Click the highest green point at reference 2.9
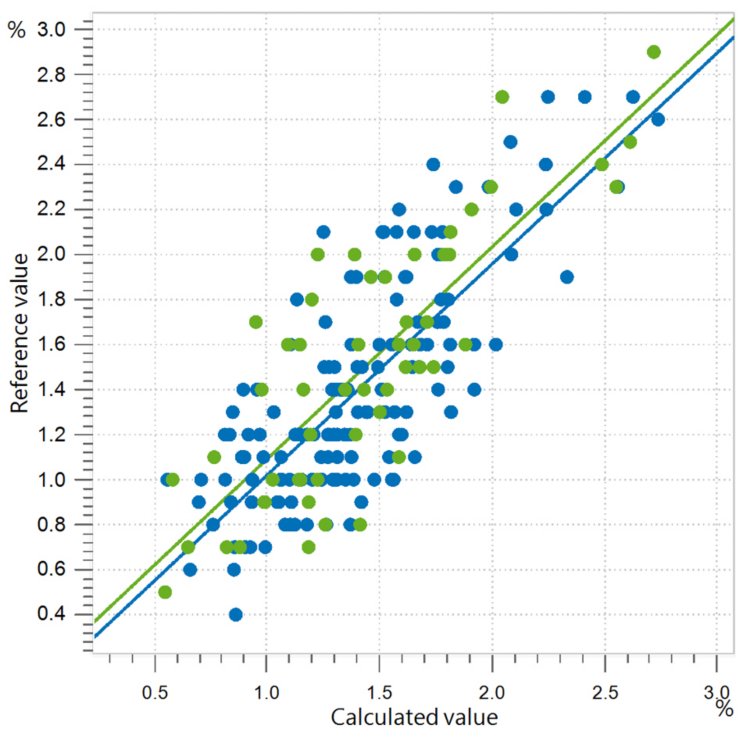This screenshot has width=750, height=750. tap(654, 52)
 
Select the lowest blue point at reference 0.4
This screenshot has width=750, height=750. tap(236, 614)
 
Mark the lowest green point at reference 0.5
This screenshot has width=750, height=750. tap(165, 592)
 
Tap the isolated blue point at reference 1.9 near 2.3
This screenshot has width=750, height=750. tap(567, 277)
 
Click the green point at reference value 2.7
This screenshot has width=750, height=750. tap(502, 97)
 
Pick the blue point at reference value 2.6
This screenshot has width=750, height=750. tap(658, 119)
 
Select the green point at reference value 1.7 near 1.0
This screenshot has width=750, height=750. tap(256, 322)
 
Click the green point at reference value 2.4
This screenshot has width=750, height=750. tap(602, 164)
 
